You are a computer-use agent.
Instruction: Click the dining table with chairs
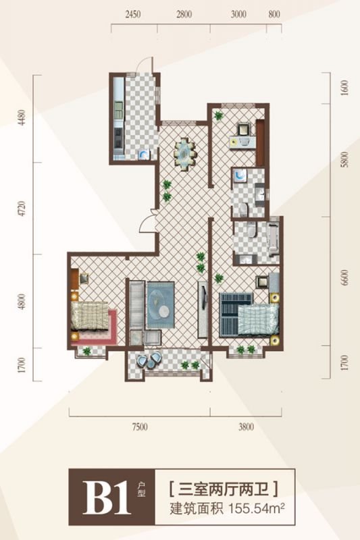(185, 153)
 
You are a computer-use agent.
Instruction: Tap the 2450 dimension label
(133, 14)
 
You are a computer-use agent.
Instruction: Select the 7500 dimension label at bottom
(140, 427)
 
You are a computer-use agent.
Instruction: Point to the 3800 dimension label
(246, 427)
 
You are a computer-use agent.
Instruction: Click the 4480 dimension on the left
(22, 117)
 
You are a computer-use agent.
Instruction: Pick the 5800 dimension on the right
(344, 159)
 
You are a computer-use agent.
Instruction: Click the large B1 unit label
(107, 497)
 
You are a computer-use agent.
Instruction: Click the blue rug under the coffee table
(161, 305)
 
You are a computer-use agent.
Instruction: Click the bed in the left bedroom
(91, 316)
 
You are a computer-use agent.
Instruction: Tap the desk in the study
(243, 142)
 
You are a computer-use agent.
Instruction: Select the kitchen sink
(144, 155)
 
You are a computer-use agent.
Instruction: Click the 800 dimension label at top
(274, 14)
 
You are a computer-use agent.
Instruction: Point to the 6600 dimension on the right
(344, 277)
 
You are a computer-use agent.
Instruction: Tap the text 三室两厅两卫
(224, 489)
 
